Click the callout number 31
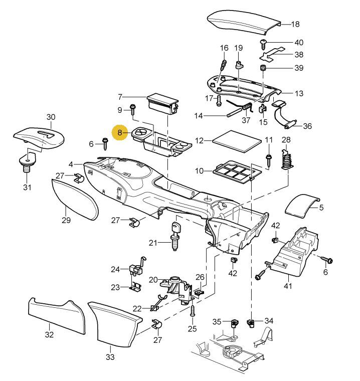pyautogui.click(x=27, y=188)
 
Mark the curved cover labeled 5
pyautogui.click(x=302, y=205)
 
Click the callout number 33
pyautogui.click(x=110, y=357)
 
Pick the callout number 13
pyautogui.click(x=299, y=93)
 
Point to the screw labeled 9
pyautogui.click(x=133, y=110)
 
